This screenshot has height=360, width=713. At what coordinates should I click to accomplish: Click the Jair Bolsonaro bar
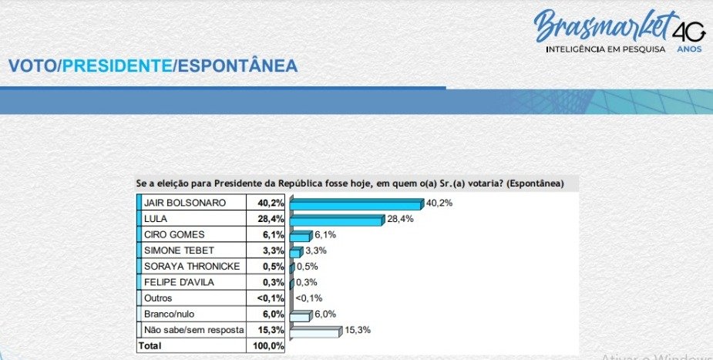pos(357,204)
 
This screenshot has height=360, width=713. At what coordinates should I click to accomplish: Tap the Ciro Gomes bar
pos(300,236)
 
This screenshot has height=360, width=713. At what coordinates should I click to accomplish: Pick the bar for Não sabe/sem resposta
pos(314,331)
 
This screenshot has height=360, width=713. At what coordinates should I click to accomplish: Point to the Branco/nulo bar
pos(300,315)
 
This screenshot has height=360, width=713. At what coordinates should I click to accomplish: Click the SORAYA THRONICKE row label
pos(191,267)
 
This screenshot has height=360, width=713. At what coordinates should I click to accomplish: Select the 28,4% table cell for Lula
pos(270,219)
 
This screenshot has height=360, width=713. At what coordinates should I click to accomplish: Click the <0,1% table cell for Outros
pos(270,298)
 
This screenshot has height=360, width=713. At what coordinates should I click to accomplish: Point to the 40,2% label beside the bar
pos(439,204)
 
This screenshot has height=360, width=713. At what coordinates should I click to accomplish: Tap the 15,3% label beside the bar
pos(356,331)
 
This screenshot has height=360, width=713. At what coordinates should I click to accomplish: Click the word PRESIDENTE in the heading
pos(116,66)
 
